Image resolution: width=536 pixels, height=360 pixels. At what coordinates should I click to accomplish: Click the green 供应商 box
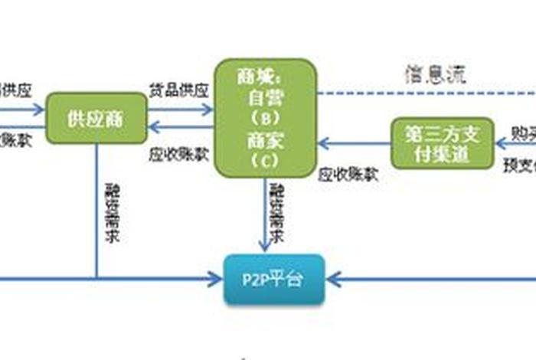coord(96,119)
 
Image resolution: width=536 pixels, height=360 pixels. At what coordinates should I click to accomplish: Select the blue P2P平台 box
coord(273,279)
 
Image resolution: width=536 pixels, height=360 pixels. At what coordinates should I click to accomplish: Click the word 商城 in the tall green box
coord(253,77)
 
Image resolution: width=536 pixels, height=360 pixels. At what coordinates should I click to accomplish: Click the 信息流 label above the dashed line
coord(435,74)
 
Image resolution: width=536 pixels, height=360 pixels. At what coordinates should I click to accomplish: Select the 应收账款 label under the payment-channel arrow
coord(348,174)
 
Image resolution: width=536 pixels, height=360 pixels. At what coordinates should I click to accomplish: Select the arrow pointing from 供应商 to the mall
coord(181,110)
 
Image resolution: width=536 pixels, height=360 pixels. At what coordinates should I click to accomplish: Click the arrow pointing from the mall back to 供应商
coord(181,127)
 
